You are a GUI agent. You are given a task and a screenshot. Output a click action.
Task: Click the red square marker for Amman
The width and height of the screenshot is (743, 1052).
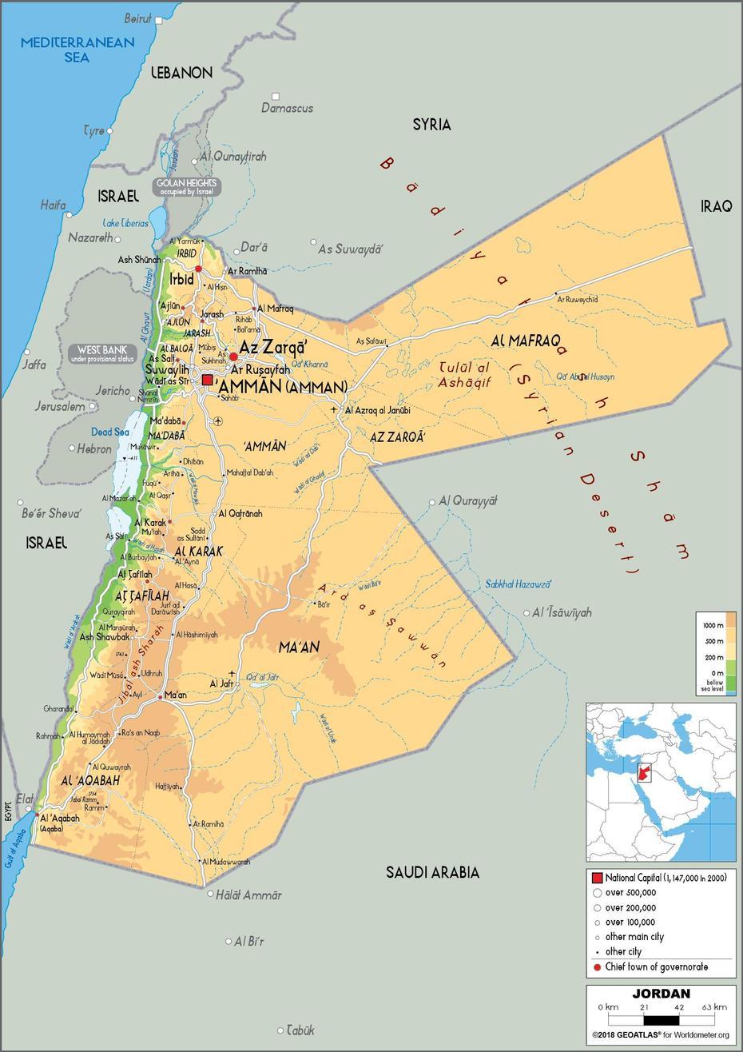(x=208, y=381)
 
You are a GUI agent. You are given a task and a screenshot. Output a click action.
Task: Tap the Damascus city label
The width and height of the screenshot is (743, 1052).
(x=287, y=108)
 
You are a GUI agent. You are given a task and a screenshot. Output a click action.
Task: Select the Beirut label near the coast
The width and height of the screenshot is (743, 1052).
(x=138, y=18)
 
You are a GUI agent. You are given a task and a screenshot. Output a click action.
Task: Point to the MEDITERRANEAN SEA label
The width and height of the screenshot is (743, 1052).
(x=77, y=50)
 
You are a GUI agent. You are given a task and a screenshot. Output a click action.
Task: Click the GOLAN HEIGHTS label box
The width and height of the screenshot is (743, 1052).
(x=187, y=187)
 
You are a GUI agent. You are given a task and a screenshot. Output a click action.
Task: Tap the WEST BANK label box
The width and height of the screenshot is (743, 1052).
(x=102, y=354)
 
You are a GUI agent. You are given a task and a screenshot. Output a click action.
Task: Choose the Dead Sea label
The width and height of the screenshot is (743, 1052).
(x=110, y=432)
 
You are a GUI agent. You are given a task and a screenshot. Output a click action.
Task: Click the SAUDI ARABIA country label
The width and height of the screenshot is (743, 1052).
(x=432, y=872)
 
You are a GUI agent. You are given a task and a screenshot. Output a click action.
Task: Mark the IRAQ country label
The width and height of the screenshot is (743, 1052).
(x=717, y=206)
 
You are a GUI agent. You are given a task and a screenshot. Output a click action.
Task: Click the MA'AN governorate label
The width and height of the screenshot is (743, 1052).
(x=299, y=646)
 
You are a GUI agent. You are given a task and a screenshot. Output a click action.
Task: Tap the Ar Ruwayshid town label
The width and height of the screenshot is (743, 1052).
(x=577, y=299)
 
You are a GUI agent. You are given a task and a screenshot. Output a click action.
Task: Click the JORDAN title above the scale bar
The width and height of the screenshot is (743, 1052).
(x=661, y=994)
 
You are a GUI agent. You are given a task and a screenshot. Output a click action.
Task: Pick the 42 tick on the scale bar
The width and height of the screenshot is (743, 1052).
(x=679, y=1007)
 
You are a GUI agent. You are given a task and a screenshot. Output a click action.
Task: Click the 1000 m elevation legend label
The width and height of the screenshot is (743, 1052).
(x=713, y=624)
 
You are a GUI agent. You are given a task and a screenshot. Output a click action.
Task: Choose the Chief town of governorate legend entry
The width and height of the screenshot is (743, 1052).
(x=656, y=967)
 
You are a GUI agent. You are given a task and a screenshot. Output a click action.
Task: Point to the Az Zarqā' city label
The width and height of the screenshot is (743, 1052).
(x=273, y=349)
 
